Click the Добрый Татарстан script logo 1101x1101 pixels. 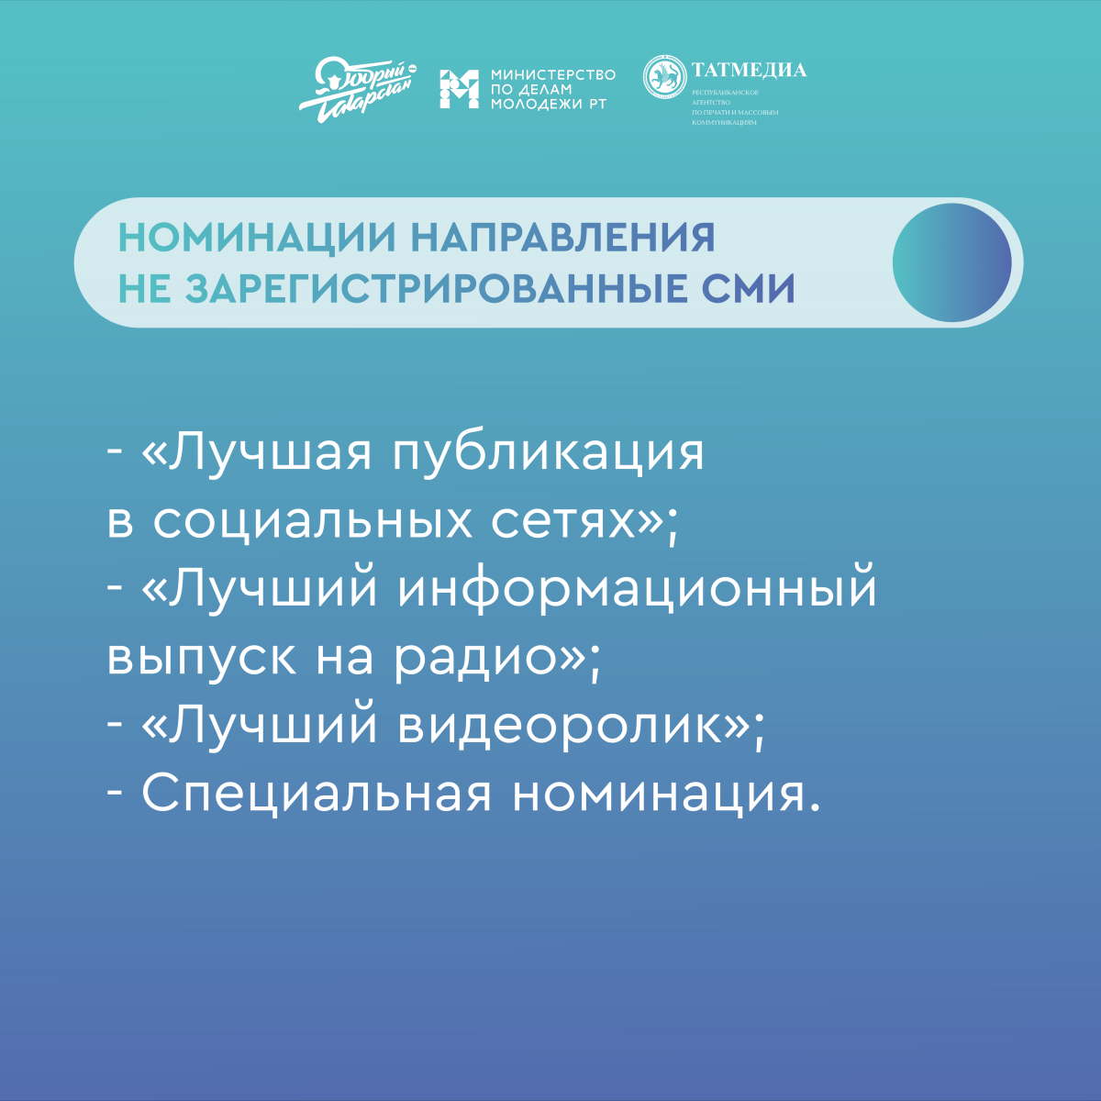coord(358,90)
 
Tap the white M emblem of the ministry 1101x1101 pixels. coord(459,89)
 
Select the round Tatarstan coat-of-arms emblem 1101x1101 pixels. coord(664,77)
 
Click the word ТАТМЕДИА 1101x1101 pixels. coord(749,70)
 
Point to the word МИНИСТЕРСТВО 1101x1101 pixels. coord(553,75)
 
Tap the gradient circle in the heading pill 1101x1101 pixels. coord(951,262)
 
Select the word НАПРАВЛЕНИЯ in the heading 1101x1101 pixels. coord(562,238)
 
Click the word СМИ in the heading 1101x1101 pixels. coord(749,288)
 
